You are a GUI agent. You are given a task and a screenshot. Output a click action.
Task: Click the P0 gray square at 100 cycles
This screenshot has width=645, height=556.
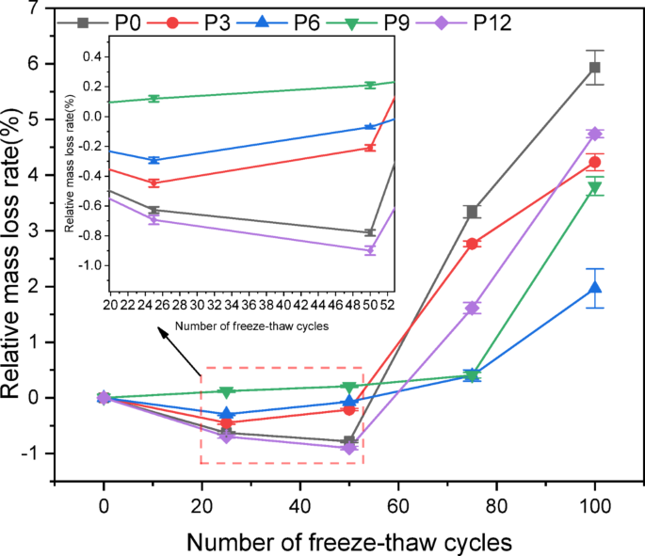pyautogui.click(x=594, y=68)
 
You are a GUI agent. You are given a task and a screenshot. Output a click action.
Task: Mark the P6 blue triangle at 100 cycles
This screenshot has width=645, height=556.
pyautogui.click(x=594, y=288)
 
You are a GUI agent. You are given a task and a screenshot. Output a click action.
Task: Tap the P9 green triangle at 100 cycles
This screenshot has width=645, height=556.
pyautogui.click(x=594, y=187)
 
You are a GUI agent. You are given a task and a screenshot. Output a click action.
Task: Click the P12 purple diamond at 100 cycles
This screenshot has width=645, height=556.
pyautogui.click(x=594, y=134)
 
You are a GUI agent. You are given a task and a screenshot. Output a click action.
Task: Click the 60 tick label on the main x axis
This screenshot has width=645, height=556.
pyautogui.click(x=398, y=504)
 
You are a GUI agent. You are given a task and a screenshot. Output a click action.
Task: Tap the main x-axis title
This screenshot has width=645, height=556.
pyautogui.click(x=348, y=541)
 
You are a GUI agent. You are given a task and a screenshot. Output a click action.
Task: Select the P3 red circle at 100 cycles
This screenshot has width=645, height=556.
pyautogui.click(x=594, y=163)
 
